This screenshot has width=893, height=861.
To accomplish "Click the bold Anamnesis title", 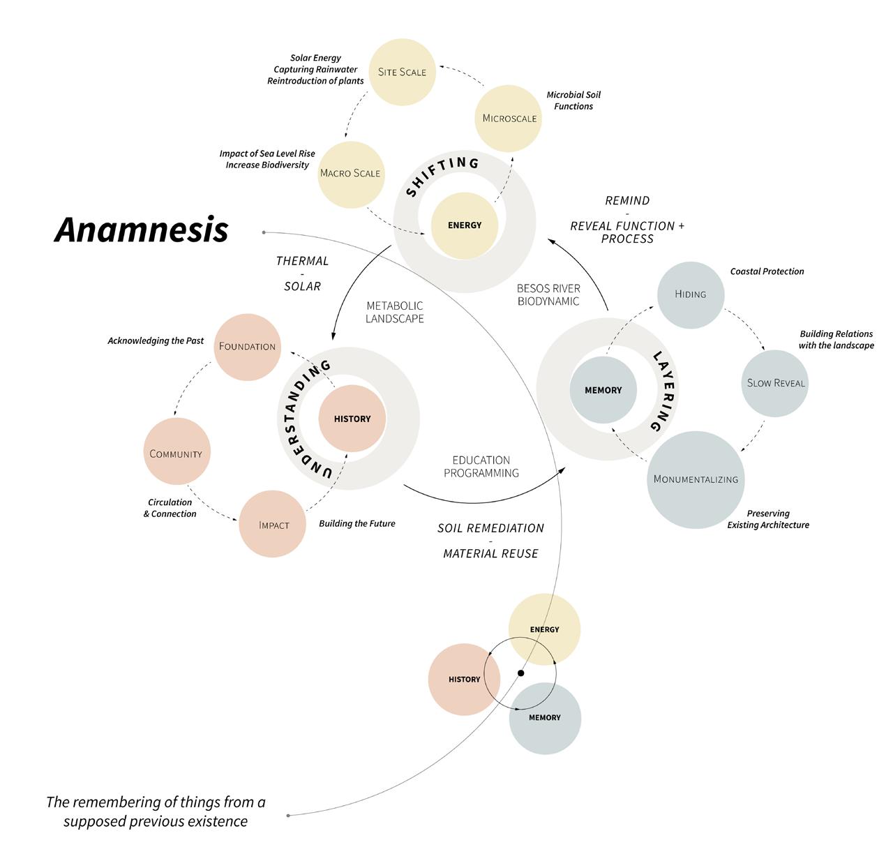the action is click(142, 230).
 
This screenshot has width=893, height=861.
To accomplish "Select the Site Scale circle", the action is click(402, 72).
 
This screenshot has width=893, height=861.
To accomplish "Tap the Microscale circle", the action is click(509, 118).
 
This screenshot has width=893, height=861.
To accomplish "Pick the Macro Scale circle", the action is click(350, 173).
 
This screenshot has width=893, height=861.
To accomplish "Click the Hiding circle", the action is click(691, 294).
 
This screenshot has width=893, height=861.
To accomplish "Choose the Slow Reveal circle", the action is click(775, 383).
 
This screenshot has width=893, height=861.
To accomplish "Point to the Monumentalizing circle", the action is click(696, 479).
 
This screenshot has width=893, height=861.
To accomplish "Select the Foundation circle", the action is click(247, 347).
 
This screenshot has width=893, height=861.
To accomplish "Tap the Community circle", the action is click(176, 454).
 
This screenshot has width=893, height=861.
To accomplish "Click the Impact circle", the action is click(273, 525).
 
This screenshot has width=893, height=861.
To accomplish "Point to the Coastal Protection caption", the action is click(767, 271).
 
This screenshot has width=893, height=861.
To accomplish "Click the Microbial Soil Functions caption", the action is click(573, 100).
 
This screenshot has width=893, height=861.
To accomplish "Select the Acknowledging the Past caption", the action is click(156, 341).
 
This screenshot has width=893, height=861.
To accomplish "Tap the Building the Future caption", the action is click(357, 524).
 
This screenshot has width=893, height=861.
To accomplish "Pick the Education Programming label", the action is click(481, 467).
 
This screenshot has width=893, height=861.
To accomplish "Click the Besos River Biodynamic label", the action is click(548, 294).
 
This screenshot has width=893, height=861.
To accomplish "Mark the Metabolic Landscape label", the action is click(395, 312).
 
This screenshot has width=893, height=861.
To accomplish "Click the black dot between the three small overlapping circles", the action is click(520, 673).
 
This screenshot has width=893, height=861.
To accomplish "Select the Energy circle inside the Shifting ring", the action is click(465, 225).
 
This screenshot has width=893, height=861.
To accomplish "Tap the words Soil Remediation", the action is click(490, 528).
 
